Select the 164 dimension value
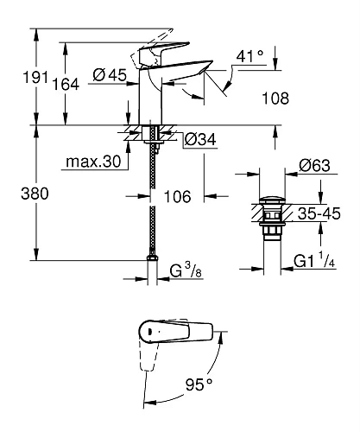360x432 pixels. click(x=46, y=84)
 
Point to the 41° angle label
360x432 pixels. click(x=250, y=57)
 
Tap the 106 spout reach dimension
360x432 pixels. click(x=178, y=198)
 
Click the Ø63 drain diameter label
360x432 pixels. click(x=313, y=165)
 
